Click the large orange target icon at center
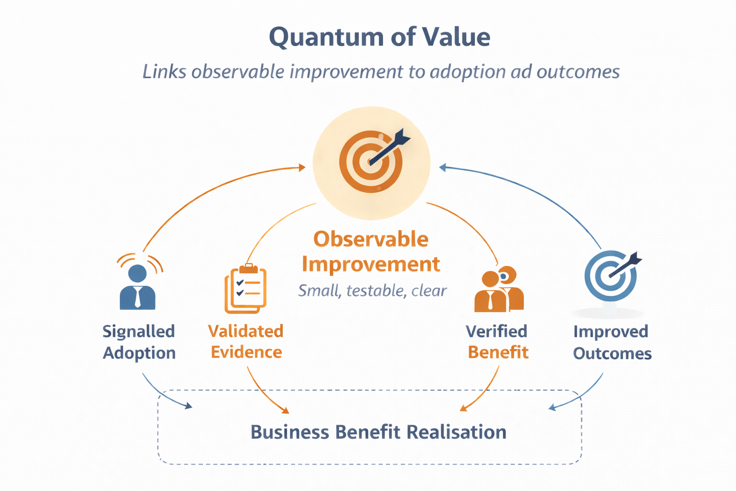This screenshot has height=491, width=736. [x=371, y=162]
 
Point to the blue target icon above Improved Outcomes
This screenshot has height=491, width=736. [x=611, y=276]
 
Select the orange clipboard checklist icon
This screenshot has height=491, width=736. [x=245, y=289]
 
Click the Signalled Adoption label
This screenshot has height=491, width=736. [x=139, y=342]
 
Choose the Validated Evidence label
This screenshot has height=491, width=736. [x=246, y=341]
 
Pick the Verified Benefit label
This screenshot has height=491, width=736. [x=497, y=341]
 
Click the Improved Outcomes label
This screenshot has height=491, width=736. [x=612, y=342]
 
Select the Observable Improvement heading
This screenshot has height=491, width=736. [x=371, y=252]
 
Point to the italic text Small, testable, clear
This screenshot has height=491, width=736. [x=372, y=291]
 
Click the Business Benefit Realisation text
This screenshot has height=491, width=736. [x=378, y=432]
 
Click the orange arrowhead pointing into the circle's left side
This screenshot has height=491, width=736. [x=302, y=167]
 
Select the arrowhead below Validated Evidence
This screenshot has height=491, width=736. [x=286, y=410]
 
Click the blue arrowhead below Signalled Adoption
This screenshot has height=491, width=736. [x=189, y=406]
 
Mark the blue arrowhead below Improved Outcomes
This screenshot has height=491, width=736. [x=552, y=408]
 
